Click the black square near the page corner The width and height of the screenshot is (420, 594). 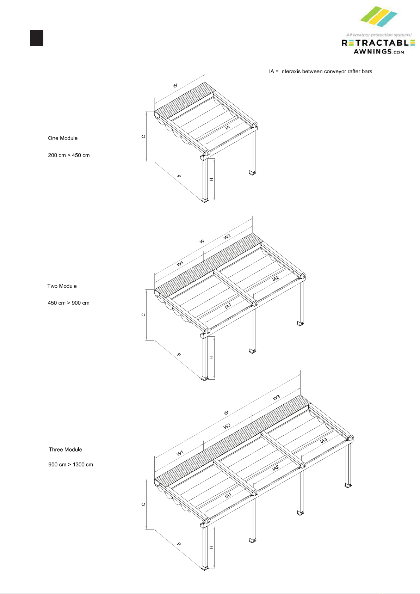37,38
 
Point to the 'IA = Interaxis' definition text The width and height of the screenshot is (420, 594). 320,72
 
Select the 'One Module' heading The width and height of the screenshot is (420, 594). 63,138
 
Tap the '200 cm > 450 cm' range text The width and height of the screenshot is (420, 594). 69,155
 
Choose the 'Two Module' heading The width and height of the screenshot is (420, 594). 62,286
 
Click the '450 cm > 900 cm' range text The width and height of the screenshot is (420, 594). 68,303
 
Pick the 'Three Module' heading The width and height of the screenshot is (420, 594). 66,449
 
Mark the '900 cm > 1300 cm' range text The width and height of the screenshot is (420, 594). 70,465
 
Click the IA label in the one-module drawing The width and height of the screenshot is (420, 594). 228,128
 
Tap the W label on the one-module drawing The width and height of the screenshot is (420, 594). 175,86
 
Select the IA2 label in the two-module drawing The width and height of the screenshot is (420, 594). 276,278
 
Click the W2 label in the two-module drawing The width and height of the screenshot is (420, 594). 227,237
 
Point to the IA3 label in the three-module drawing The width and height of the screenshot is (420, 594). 323,440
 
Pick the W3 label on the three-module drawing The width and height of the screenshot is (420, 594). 276,398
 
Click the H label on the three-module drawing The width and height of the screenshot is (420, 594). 211,547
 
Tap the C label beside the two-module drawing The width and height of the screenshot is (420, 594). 143,315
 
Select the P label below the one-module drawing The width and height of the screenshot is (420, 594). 179,176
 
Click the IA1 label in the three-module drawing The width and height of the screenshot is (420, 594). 228,496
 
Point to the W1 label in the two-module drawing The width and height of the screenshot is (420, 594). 180,264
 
